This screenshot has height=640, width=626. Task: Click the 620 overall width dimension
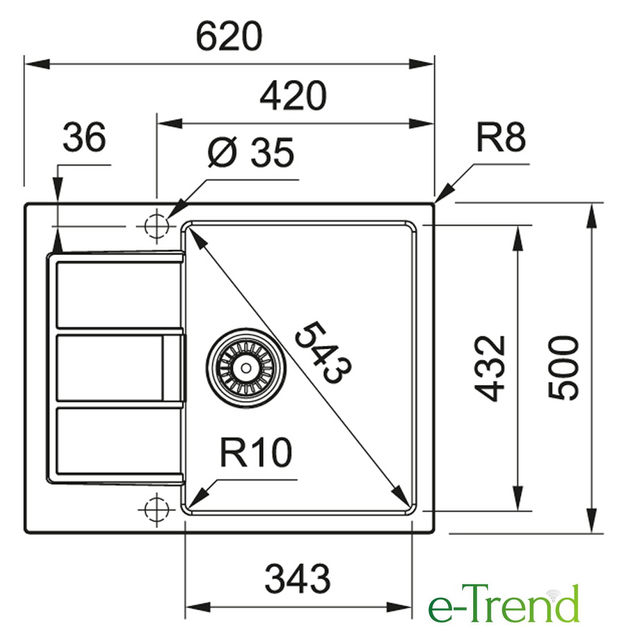[229, 37]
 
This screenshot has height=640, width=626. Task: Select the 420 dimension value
[293, 96]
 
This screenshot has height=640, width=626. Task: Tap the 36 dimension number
[84, 137]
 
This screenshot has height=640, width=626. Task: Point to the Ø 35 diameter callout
[251, 152]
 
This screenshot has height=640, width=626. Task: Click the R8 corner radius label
[501, 137]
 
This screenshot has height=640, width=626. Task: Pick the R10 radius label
[256, 452]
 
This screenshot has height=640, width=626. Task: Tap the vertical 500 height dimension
[563, 368]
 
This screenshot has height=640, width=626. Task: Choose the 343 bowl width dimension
[297, 579]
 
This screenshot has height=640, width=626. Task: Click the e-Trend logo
[504, 603]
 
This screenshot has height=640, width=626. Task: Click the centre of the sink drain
[246, 368]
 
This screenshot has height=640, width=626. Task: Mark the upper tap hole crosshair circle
[156, 225]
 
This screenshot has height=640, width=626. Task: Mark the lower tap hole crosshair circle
[156, 510]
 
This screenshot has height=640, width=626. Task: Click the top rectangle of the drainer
[118, 294]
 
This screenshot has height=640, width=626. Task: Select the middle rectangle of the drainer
[110, 368]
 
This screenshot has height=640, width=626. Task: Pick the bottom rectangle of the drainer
[118, 441]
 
